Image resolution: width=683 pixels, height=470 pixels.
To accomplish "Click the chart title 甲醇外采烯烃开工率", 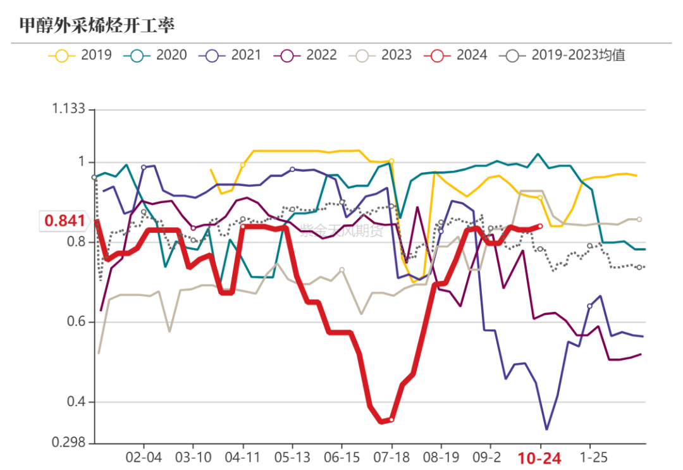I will coord(96,25).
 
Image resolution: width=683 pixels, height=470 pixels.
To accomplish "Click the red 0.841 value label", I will coord(65,221).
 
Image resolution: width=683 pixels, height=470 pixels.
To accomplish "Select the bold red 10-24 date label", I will coord(539,459).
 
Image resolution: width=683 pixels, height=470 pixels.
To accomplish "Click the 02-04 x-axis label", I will coord(144,457).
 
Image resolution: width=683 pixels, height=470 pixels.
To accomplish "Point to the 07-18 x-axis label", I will coord(391,457).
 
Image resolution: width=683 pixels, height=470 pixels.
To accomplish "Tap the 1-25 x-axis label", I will coord(589,457).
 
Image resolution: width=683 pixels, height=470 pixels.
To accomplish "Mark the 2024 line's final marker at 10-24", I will coord(540,226).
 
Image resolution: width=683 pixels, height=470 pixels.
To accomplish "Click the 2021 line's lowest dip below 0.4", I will coord(546,430).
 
